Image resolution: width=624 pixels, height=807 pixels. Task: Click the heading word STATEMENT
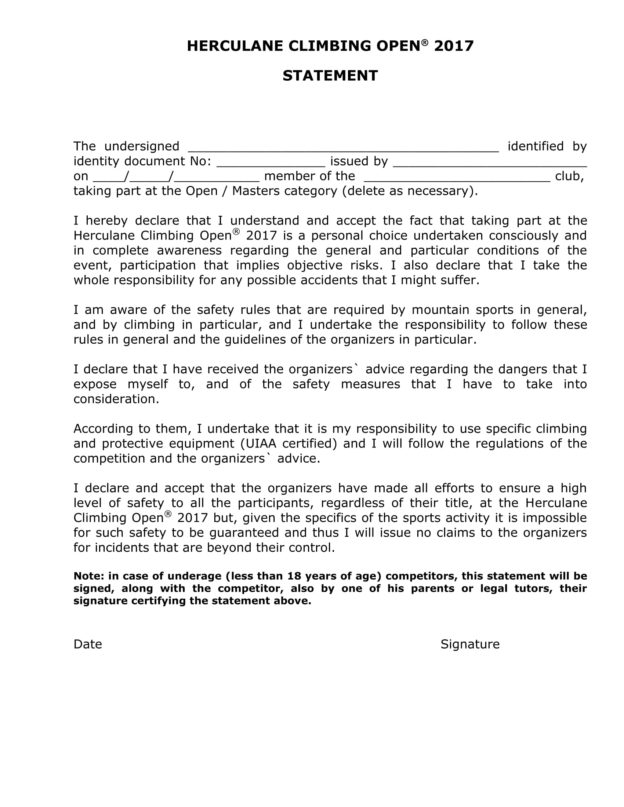[330, 76]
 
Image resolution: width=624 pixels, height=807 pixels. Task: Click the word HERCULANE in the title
[235, 46]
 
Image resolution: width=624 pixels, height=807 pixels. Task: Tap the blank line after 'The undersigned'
[343, 148]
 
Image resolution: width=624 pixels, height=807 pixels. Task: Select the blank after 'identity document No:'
[271, 163]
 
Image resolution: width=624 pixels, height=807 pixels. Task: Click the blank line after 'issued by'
[490, 163]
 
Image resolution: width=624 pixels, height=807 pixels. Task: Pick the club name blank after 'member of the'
[457, 178]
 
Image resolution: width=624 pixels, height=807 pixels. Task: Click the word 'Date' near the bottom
[88, 644]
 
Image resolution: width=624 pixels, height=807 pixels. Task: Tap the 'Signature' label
[470, 644]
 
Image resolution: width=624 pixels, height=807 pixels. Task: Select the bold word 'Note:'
[89, 576]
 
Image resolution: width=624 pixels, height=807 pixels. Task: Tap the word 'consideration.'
[116, 399]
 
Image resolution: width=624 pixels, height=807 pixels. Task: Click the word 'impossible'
[554, 518]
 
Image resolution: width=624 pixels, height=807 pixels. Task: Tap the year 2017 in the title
[454, 46]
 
